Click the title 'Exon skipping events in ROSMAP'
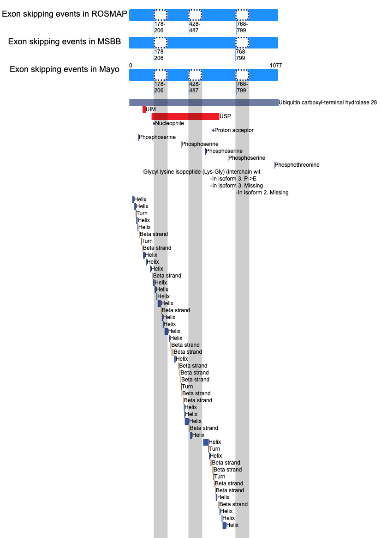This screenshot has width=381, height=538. click(65, 14)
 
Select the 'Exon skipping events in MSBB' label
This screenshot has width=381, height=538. click(65, 42)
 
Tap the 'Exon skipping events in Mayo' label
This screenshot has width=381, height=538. click(65, 69)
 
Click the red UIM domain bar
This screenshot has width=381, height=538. click(144, 109)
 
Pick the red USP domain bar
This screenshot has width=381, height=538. click(185, 116)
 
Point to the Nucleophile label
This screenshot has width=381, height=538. click(169, 123)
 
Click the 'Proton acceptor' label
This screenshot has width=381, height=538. click(234, 130)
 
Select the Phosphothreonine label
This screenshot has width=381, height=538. click(297, 165)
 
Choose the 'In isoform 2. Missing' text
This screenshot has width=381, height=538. click(263, 193)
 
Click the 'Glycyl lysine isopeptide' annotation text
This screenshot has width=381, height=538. click(198, 172)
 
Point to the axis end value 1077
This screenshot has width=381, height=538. click(276, 66)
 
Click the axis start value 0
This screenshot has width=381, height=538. click(131, 66)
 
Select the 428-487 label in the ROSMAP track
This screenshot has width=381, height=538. click(195, 27)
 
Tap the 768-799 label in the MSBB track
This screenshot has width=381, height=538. click(242, 55)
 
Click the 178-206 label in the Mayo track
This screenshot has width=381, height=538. click(160, 87)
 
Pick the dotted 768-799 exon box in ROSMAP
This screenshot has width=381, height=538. click(242, 15)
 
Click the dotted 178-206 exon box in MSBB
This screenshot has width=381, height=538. click(161, 42)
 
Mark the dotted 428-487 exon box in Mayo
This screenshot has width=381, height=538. click(195, 75)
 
